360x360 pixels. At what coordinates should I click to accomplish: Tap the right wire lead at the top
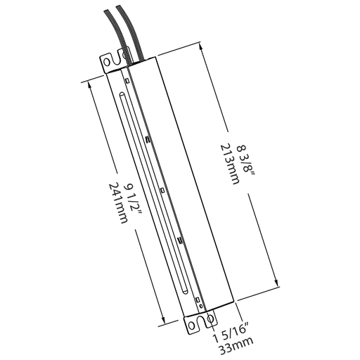click(x=120, y=28)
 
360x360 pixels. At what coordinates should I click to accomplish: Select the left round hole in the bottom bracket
click(x=192, y=326)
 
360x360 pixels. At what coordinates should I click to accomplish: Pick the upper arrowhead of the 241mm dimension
click(x=90, y=82)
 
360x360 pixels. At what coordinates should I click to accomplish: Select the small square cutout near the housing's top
click(x=126, y=82)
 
